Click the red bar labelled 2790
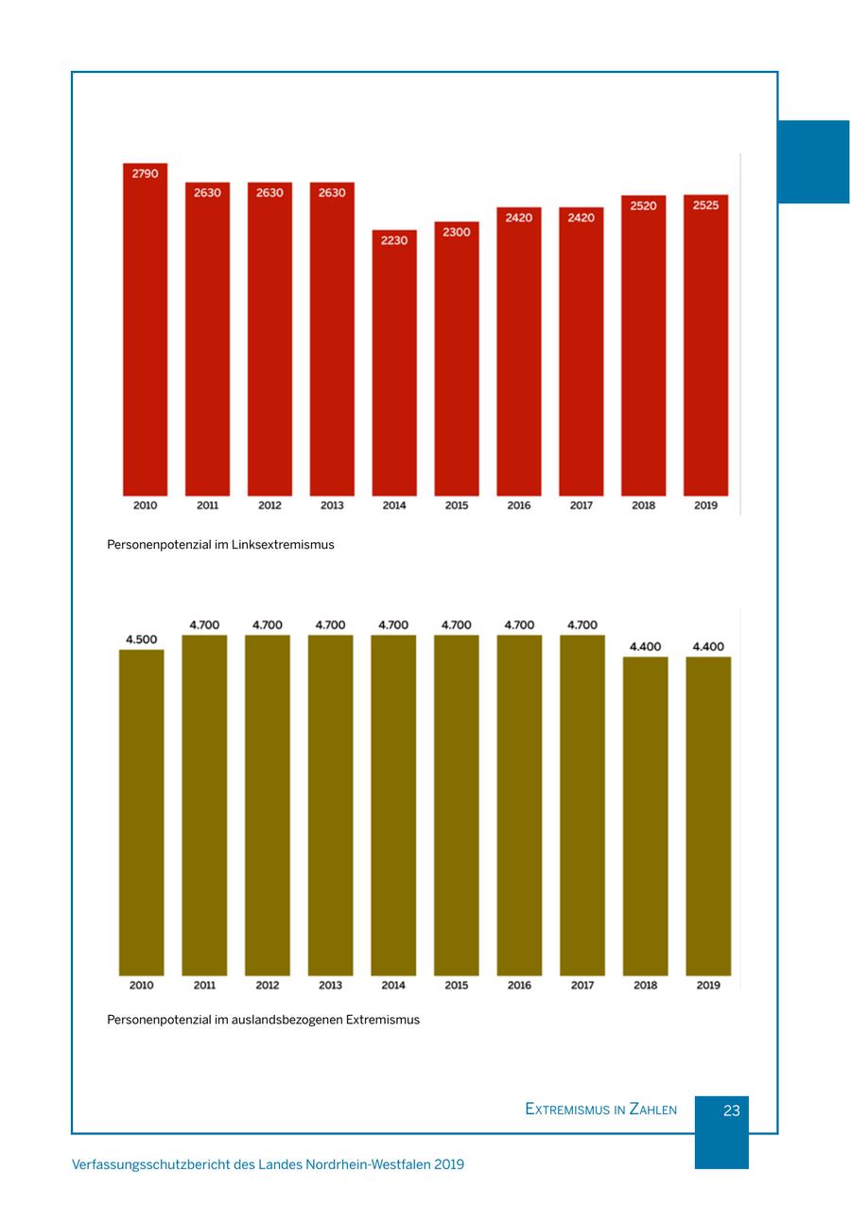pos(145,331)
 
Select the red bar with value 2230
pos(394,364)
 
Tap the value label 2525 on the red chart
pos(705,205)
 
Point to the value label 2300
pos(456,232)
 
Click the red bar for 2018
pos(643,350)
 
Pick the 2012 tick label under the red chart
pos(269,505)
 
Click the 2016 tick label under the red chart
pos(518,505)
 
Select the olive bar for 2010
pos(141,813)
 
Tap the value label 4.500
pos(141,639)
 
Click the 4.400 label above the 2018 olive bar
pos(645,647)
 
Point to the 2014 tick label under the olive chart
pos(393,986)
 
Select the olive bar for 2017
pos(582,804)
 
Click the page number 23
pos(731,1111)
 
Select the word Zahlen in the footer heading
pos(652,1110)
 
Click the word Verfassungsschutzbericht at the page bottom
pos(149,1164)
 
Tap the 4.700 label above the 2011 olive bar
pos(204,625)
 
